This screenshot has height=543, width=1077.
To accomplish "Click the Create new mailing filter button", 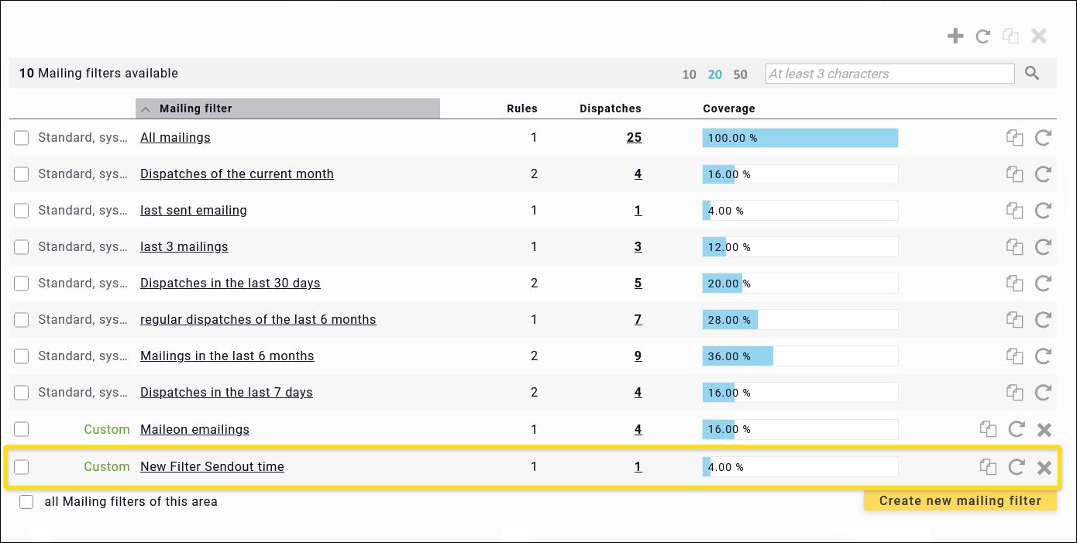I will (960, 501).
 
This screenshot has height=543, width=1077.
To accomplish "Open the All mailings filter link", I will (175, 138).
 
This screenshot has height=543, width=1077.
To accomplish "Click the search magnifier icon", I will (1032, 74).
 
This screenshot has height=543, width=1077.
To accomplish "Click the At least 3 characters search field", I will (889, 74).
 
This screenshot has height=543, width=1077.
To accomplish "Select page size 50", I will (740, 75).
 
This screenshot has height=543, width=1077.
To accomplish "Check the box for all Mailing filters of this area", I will (27, 502).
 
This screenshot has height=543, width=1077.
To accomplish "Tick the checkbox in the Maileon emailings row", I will (22, 429).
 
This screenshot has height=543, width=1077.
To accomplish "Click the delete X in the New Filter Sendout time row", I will (1044, 467).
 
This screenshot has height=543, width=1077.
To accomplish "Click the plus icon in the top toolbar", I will (955, 36).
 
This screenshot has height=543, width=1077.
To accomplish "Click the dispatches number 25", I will (634, 138).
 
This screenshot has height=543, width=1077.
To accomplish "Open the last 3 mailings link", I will (184, 247).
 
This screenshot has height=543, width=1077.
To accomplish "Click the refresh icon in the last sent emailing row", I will (1043, 211).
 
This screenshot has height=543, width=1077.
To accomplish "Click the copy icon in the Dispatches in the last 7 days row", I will (1014, 393).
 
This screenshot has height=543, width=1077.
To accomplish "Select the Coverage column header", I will (728, 108).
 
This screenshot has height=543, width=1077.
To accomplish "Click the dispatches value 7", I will (638, 320).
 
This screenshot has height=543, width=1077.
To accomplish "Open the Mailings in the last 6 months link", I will (227, 356).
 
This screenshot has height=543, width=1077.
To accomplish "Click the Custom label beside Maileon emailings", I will (106, 430).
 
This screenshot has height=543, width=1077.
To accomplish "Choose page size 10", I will (689, 75).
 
